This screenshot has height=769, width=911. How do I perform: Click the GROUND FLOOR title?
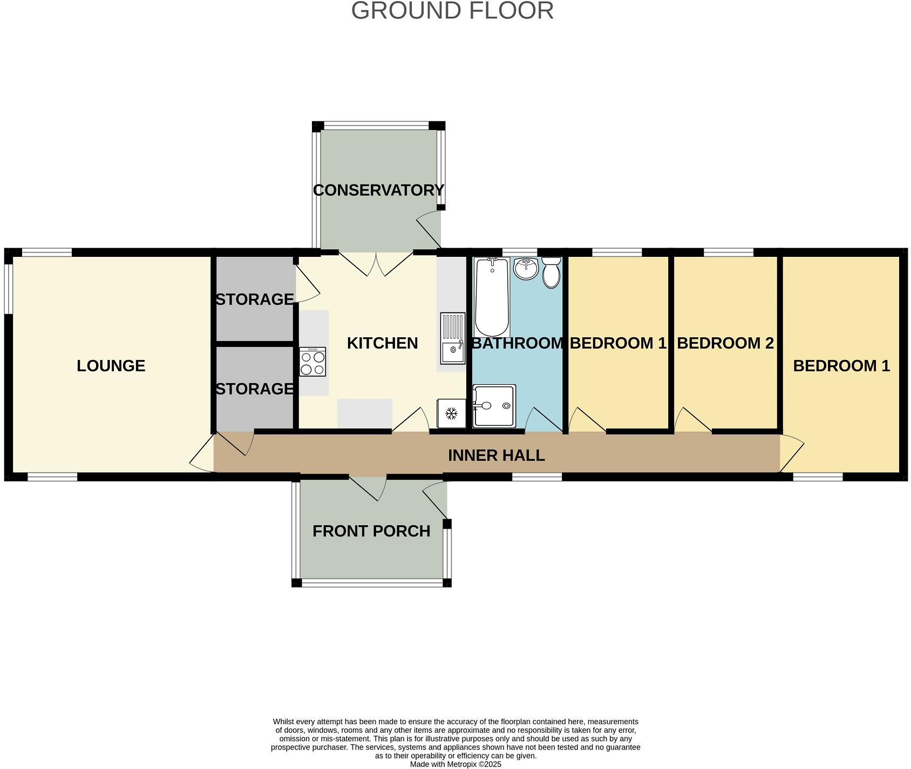pyautogui.click(x=452, y=11)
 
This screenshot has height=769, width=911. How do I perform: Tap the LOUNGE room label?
pyautogui.click(x=111, y=366)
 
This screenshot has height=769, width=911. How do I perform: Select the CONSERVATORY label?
pyautogui.click(x=378, y=190)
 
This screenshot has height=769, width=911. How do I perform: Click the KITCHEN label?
pyautogui.click(x=382, y=343)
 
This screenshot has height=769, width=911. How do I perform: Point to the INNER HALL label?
pyautogui.click(x=496, y=455)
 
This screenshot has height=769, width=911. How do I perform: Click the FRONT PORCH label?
pyautogui.click(x=371, y=531)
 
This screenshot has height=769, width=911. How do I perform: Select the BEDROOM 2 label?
pyautogui.click(x=725, y=343)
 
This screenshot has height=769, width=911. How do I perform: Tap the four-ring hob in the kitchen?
pyautogui.click(x=313, y=362)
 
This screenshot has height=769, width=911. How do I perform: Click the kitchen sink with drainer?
pyautogui.click(x=452, y=338)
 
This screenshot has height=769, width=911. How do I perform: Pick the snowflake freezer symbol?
pyautogui.click(x=451, y=414)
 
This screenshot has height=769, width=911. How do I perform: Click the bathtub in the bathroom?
pyautogui.click(x=492, y=297)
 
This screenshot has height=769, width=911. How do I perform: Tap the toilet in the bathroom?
pyautogui.click(x=551, y=273)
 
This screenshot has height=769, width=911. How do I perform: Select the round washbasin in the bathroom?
pyautogui.click(x=525, y=268)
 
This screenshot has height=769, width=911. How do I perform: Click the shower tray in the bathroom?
pyautogui.click(x=494, y=406)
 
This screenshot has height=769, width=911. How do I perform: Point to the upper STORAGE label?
pyautogui.click(x=254, y=299)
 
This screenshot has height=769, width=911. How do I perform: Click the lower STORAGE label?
pyautogui.click(x=254, y=389)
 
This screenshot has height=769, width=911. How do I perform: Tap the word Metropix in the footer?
pyautogui.click(x=461, y=764)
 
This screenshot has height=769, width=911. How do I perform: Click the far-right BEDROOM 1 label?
pyautogui.click(x=841, y=366)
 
